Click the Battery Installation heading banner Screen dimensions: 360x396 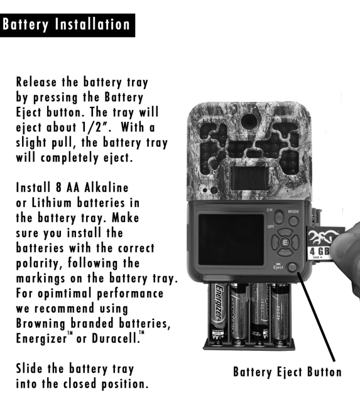[67, 25]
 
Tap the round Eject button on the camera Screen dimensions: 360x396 [292, 267]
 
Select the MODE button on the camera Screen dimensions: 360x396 [293, 222]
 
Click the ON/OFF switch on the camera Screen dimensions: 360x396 [279, 217]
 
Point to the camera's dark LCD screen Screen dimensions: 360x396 [231, 240]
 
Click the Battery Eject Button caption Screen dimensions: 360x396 [287, 372]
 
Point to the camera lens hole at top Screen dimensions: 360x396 [249, 121]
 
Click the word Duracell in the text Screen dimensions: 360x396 [115, 338]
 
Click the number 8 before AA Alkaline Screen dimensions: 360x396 [58, 188]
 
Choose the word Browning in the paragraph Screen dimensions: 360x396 [41, 324]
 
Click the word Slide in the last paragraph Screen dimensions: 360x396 [29, 369]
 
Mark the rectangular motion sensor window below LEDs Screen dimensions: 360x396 [249, 178]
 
